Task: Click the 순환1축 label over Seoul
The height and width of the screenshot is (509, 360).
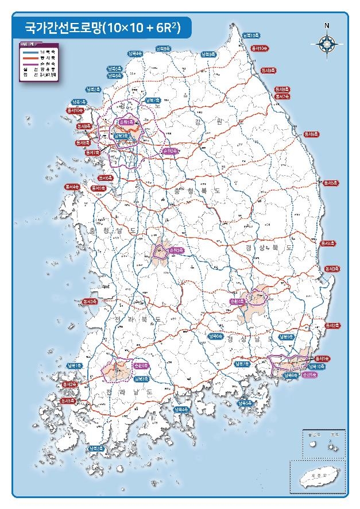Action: pos(126,122)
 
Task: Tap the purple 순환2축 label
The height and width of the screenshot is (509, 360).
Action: pos(170,151)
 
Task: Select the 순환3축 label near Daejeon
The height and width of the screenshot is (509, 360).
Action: pos(176,250)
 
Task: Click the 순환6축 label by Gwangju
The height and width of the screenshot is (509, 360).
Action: pos(141,365)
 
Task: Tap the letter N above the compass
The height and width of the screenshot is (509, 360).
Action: pos(326,25)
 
